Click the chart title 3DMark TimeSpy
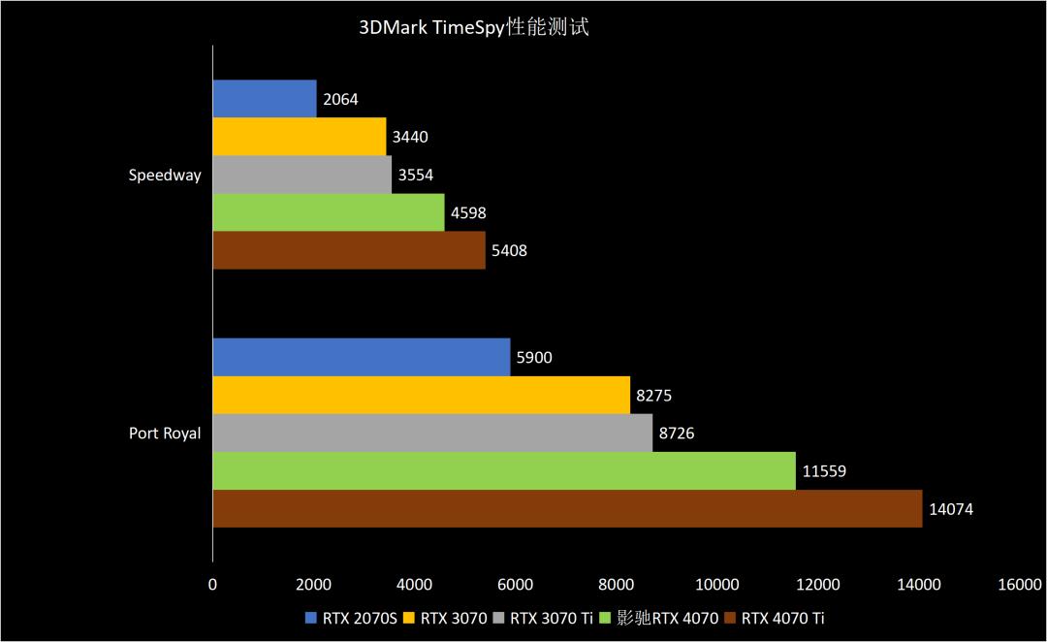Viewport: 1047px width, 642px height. pos(473,27)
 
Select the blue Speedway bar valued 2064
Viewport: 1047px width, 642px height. pos(265,99)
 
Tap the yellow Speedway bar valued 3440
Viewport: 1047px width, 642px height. pos(300,137)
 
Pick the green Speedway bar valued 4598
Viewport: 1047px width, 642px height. pos(329,212)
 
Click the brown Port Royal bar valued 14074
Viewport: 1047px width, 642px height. pos(567,509)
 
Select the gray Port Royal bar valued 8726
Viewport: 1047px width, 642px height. pos(432,433)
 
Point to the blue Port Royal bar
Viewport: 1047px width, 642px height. pos(362,358)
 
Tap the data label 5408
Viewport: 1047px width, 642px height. pos(509,251)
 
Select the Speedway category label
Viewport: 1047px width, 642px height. pos(165,176)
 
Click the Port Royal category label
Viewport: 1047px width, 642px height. pos(165,433)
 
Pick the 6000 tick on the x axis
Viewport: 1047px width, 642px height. pos(515,584)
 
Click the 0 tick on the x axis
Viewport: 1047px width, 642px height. pos(213,584)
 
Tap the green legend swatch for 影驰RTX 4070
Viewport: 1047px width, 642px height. pos(607,618)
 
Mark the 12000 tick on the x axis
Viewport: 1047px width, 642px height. pos(817,584)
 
